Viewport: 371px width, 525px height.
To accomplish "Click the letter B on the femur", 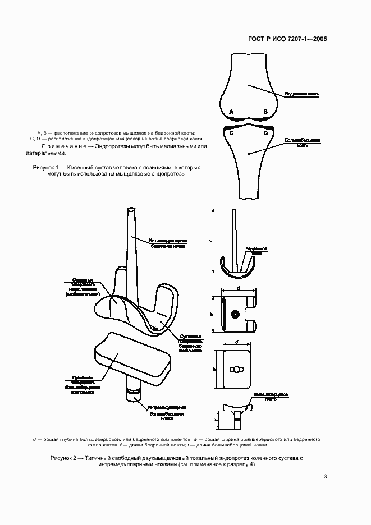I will click(x=265, y=112).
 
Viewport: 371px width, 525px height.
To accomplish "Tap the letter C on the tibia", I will click(x=231, y=133).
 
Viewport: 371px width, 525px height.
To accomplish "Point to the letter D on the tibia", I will click(x=265, y=133).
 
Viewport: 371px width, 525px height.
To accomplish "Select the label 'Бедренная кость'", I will click(x=302, y=94).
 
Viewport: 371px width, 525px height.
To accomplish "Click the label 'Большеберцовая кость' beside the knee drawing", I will click(x=302, y=142).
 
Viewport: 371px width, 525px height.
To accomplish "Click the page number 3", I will click(x=326, y=477).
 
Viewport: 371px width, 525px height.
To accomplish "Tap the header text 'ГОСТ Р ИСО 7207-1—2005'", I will click(x=287, y=40).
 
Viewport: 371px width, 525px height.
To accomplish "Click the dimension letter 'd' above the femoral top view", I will click(x=239, y=288).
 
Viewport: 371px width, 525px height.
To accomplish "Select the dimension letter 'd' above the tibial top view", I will click(x=236, y=342).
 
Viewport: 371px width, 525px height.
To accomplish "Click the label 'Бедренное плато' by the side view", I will click(x=257, y=250).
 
